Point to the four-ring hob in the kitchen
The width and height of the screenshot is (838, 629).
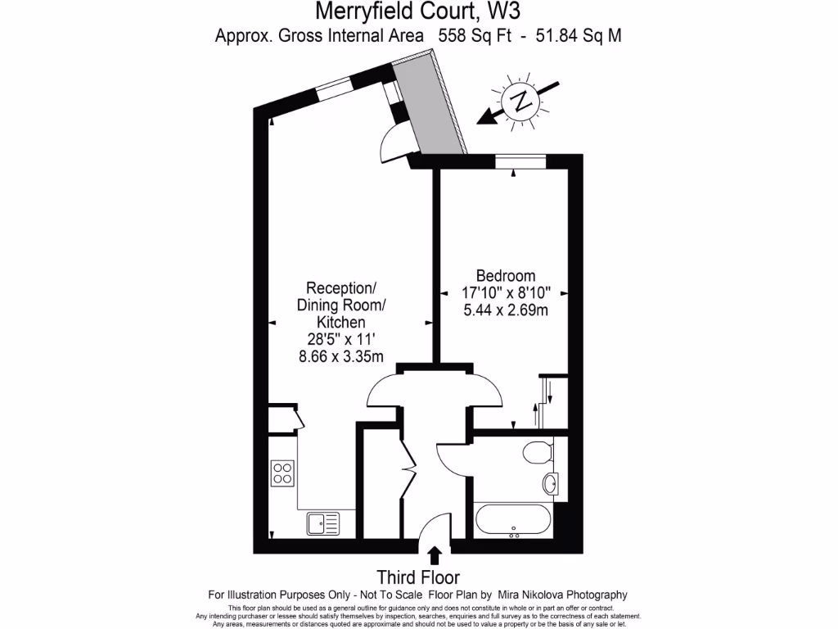tap(282, 473)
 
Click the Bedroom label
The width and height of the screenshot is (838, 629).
tap(505, 276)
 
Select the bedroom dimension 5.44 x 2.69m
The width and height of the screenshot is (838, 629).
tap(505, 310)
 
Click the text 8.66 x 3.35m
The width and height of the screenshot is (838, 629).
tap(341, 356)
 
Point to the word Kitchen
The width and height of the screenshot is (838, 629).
tap(341, 323)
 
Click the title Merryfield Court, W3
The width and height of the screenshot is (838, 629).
tap(418, 12)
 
